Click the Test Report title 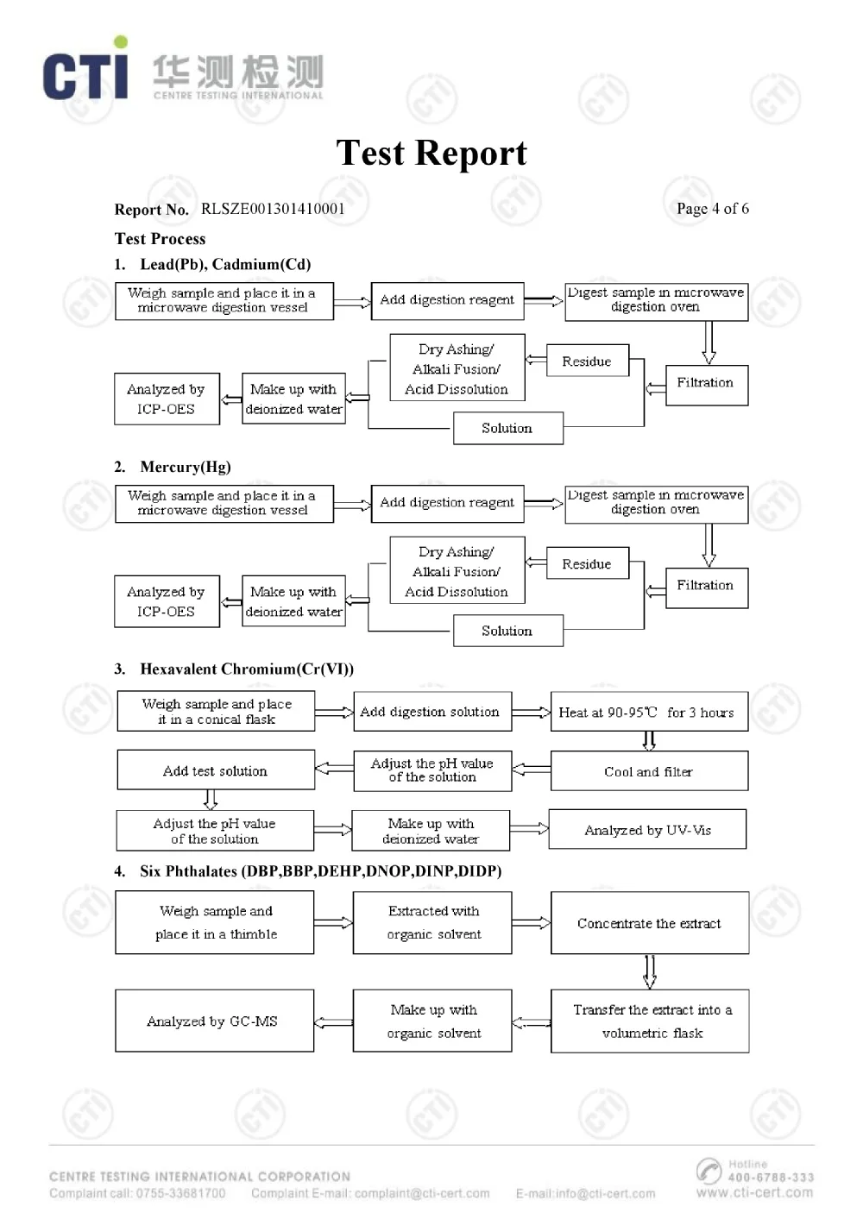coord(431,154)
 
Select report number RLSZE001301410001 coord(273,209)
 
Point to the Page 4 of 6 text coord(712,209)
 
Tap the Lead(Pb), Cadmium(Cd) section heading coord(225,265)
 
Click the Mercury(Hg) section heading coord(186,467)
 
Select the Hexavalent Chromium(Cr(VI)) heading coord(247,669)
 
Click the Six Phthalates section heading coord(320,871)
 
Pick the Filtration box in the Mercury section coord(706,588)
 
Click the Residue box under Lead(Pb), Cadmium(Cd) coord(587,361)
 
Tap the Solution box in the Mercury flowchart coord(507,631)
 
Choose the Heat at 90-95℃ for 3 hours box coord(649,713)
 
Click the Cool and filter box coord(649,771)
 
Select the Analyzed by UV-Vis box coord(647,830)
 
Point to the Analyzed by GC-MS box coord(213,1021)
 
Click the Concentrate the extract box coord(649,923)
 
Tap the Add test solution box coord(216,770)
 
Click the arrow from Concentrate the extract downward coord(649,971)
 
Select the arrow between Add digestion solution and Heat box coord(531,713)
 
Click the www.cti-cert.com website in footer coord(754,1192)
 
